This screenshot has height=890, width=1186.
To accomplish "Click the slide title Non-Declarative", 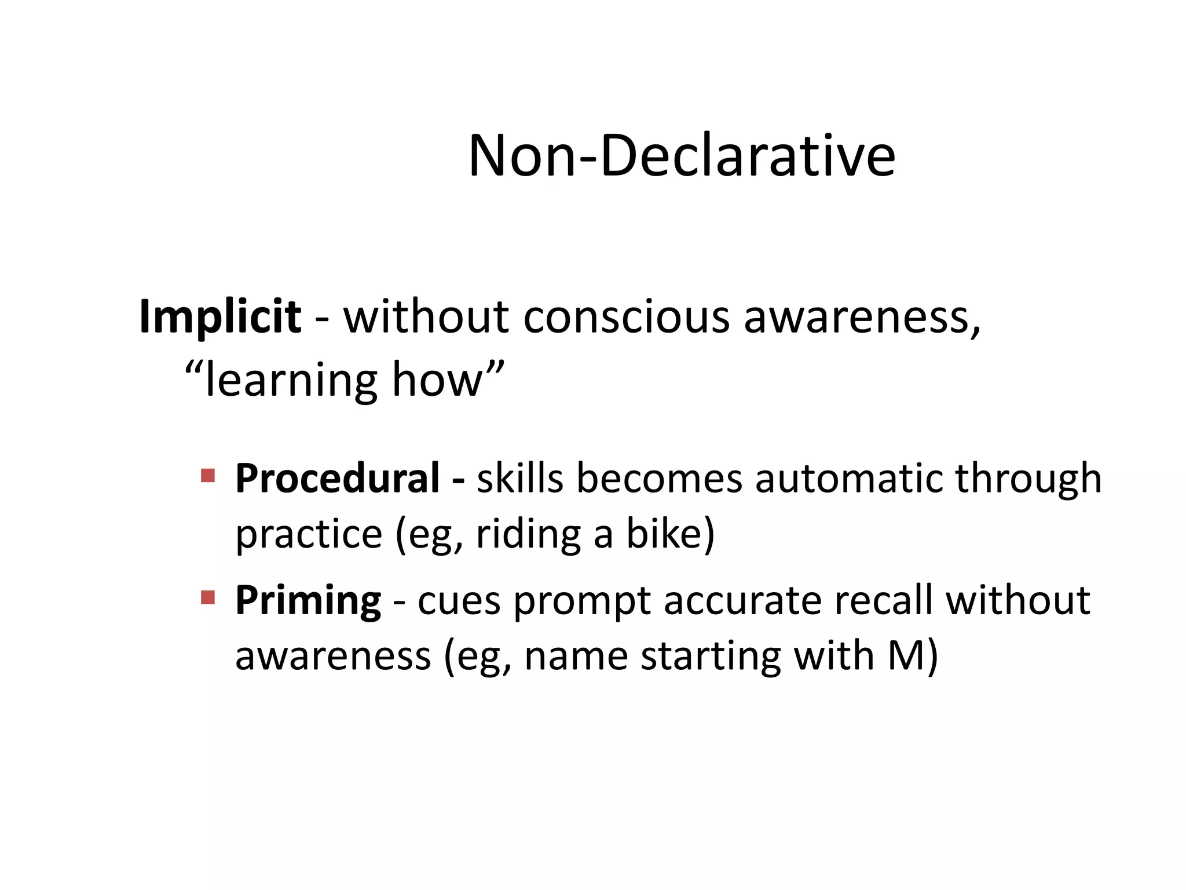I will click(682, 155).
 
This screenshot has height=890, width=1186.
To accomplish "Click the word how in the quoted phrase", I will click(437, 380).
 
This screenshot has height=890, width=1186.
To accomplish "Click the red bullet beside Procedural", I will click(208, 476).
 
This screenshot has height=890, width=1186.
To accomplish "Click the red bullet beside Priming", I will click(208, 597).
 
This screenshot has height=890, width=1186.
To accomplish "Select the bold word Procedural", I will click(338, 479).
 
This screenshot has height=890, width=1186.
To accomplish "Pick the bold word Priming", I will click(308, 600).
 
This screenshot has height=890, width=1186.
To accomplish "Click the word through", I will click(1028, 480).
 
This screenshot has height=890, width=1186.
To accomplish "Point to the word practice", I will click(309, 534).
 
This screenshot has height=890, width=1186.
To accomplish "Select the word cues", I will click(459, 601).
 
